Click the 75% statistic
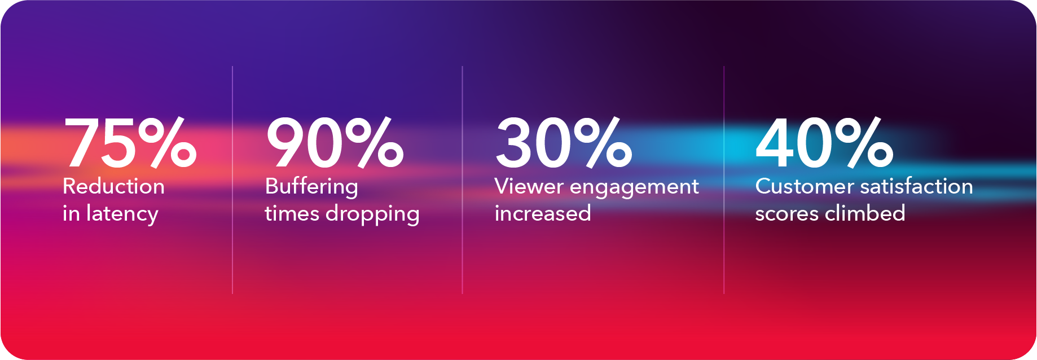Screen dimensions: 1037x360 pyautogui.click(x=131, y=142)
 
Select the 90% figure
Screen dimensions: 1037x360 pyautogui.click(x=335, y=142)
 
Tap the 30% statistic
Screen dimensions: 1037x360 pyautogui.click(x=564, y=142)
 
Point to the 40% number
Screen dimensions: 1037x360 pyautogui.click(x=824, y=142)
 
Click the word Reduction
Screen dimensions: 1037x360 pyautogui.click(x=114, y=186)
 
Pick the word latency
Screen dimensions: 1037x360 pyautogui.click(x=122, y=214)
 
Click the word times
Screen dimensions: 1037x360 pyautogui.click(x=292, y=214)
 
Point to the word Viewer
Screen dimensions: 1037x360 pyautogui.click(x=529, y=187)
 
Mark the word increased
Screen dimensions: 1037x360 pyautogui.click(x=543, y=214)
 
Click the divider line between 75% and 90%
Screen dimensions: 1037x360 pyautogui.click(x=232, y=180)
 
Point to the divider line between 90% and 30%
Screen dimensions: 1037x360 pyautogui.click(x=462, y=180)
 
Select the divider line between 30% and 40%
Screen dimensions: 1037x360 pyautogui.click(x=724, y=180)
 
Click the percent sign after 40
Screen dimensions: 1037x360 pyautogui.click(x=864, y=142)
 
